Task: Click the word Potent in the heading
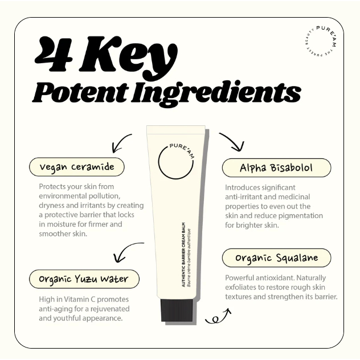(80, 92)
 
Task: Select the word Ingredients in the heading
(216, 93)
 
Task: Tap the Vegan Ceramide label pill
(77, 167)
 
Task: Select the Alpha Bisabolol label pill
(276, 168)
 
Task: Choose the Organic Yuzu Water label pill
(84, 279)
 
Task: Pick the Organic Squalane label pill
(276, 258)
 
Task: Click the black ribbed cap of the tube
(177, 310)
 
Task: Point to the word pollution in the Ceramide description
(104, 196)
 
